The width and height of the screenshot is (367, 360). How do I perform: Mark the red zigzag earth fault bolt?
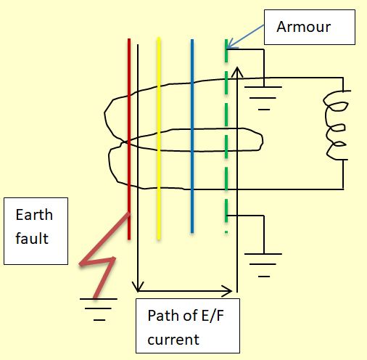click(102, 254)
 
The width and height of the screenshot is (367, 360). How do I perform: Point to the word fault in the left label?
click(32, 237)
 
